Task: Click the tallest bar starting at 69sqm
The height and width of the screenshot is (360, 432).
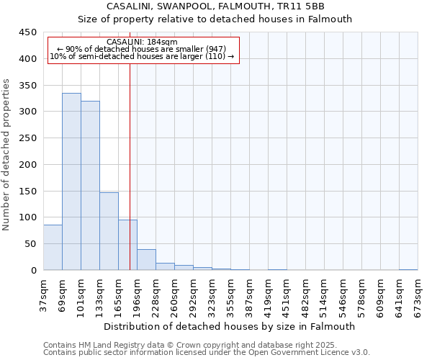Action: [71, 181]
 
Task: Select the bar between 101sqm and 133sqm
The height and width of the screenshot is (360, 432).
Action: [90, 186]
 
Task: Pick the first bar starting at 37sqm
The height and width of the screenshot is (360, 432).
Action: [53, 248]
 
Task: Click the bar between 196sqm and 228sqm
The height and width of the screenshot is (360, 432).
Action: [146, 260]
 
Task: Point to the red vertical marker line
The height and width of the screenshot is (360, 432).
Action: [130, 166]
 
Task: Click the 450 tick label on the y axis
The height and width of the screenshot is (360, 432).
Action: [27, 32]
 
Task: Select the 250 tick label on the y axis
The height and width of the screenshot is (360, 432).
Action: [27, 138]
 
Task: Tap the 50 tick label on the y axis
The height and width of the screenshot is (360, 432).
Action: [30, 244]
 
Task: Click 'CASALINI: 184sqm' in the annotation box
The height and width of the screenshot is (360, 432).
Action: [141, 42]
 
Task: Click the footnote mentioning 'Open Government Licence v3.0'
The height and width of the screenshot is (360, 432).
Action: [207, 353]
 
